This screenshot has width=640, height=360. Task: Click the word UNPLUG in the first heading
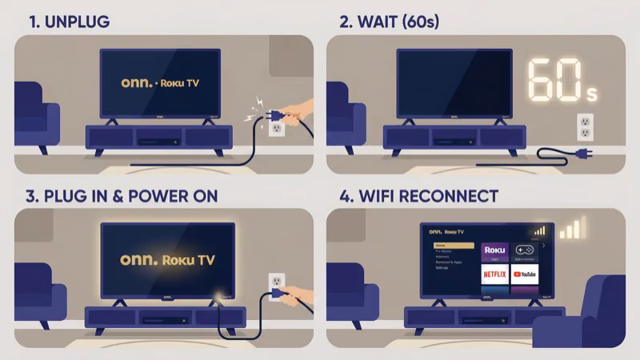click(78, 22)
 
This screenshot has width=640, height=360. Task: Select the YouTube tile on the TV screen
click(525, 274)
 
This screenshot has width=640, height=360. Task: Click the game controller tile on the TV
click(525, 250)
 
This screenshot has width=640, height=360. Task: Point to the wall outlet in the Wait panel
click(585, 126)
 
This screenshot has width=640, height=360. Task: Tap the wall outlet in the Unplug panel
click(276, 124)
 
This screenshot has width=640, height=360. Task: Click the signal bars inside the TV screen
click(540, 230)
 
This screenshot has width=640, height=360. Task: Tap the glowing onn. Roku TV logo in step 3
click(166, 260)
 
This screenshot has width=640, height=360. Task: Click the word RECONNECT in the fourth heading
click(452, 196)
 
